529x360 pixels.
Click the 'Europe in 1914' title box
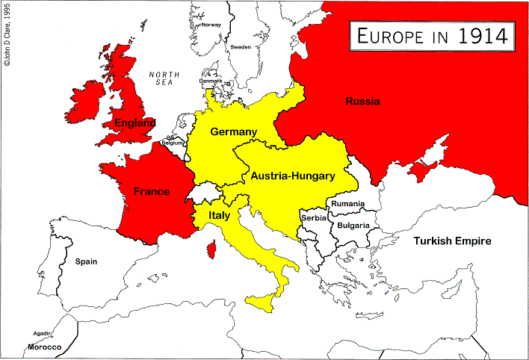click(x=431, y=35)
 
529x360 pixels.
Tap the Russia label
click(x=362, y=102)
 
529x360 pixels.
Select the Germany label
click(x=233, y=131)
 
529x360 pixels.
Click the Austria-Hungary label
click(x=292, y=176)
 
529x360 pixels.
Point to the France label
click(x=152, y=191)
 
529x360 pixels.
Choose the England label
click(x=134, y=122)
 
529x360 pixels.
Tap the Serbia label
click(x=314, y=217)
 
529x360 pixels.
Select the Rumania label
click(x=347, y=204)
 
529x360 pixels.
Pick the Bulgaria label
click(x=353, y=225)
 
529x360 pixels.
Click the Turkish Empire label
click(x=453, y=241)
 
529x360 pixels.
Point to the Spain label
click(x=87, y=261)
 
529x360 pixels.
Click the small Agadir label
click(x=42, y=333)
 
